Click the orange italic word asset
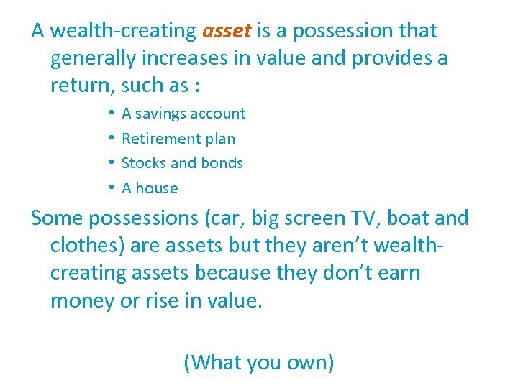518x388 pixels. tap(227, 31)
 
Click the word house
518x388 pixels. tap(156, 188)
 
